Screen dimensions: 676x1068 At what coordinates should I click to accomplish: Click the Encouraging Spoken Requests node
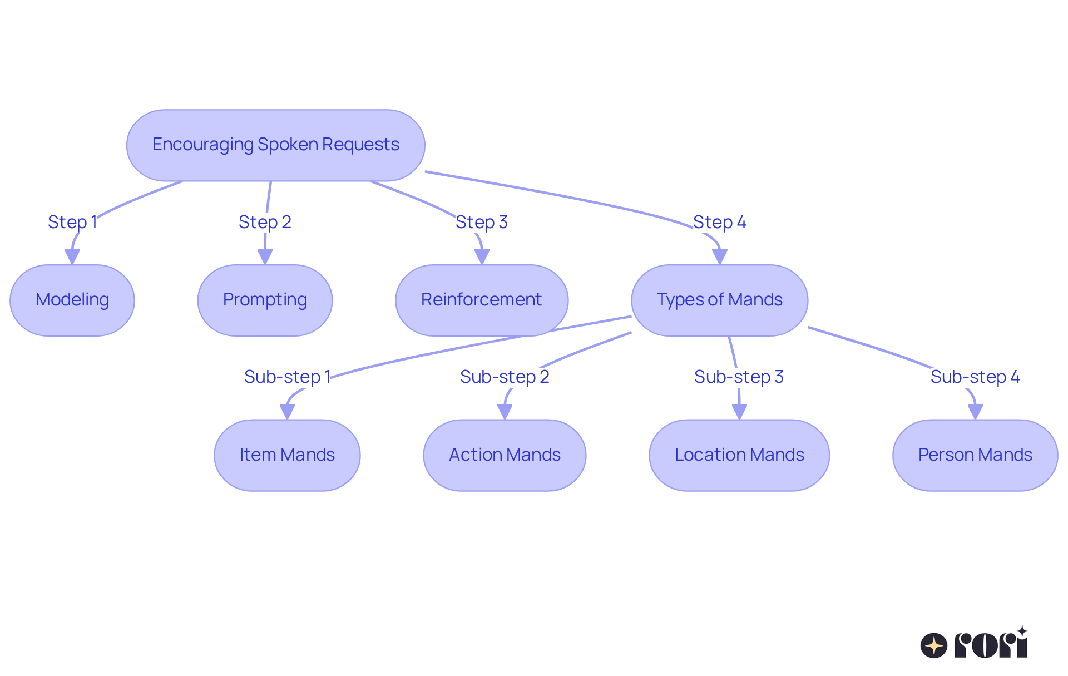[x=275, y=145]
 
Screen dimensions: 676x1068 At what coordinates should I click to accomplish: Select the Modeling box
[x=72, y=300]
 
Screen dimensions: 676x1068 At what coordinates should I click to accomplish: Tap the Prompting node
[x=265, y=300]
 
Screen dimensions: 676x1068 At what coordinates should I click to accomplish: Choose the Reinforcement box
[x=482, y=300]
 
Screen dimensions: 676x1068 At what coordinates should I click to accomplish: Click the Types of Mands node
[x=719, y=300]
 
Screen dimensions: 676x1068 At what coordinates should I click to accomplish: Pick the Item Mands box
[x=287, y=455]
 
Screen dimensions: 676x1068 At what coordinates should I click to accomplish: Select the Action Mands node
[x=505, y=455]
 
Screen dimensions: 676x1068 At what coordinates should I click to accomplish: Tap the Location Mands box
[x=739, y=455]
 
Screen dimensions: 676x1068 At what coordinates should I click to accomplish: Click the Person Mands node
[x=975, y=455]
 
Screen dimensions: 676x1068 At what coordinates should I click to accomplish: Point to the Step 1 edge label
[x=72, y=222]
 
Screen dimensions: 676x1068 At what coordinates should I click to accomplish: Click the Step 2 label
[x=265, y=222]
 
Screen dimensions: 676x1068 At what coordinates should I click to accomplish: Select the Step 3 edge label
[x=482, y=222]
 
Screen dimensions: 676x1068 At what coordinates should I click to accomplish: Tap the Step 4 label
[x=719, y=222]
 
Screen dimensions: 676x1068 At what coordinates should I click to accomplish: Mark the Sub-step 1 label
[x=287, y=377]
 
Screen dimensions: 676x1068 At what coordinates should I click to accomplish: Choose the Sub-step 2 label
[x=505, y=377]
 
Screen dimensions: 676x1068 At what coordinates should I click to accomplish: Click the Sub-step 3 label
[x=739, y=377]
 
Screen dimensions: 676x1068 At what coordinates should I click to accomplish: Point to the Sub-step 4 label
[x=975, y=377]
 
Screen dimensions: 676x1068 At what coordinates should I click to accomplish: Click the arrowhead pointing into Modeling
[x=72, y=257]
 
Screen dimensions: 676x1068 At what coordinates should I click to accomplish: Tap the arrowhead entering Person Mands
[x=975, y=412]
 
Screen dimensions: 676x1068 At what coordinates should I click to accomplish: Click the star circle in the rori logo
[x=934, y=645]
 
